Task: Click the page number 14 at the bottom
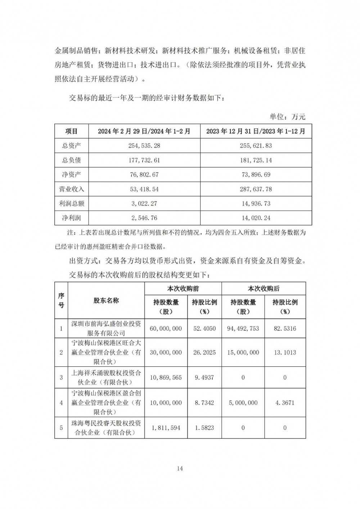pyautogui.click(x=180, y=468)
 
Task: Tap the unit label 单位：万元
pyautogui.click(x=287, y=117)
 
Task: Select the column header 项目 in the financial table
pyautogui.click(x=71, y=131)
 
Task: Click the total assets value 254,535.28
pyautogui.click(x=144, y=146)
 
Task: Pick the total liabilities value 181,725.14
pyautogui.click(x=256, y=160)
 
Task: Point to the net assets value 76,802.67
pyautogui.click(x=144, y=175)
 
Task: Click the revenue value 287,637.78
pyautogui.click(x=256, y=189)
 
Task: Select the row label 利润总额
pyautogui.click(x=71, y=203)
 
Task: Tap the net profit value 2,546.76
pyautogui.click(x=144, y=218)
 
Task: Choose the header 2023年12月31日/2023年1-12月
pyautogui.click(x=256, y=131)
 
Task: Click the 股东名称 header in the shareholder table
pyautogui.click(x=106, y=300)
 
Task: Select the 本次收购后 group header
pyautogui.click(x=264, y=289)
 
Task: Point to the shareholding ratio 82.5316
pyautogui.click(x=285, y=328)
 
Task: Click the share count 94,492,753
pyautogui.click(x=243, y=328)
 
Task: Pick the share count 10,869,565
pyautogui.click(x=166, y=377)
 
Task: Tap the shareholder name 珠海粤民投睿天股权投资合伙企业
pyautogui.click(x=106, y=428)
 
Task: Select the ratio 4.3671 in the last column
pyautogui.click(x=285, y=402)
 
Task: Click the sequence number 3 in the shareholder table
pyautogui.click(x=61, y=377)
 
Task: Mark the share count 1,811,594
pyautogui.click(x=166, y=428)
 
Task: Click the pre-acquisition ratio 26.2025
pyautogui.click(x=204, y=352)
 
